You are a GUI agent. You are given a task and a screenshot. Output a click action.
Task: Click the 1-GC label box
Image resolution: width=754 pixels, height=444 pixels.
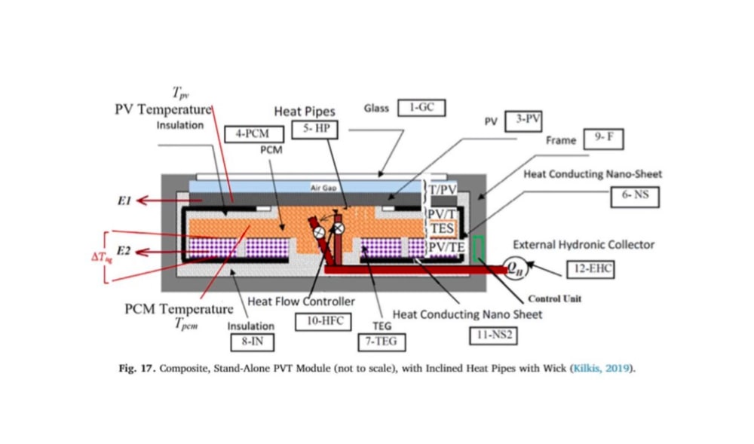[x=421, y=108]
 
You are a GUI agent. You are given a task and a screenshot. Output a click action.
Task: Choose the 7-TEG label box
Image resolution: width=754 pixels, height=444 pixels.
[x=381, y=341]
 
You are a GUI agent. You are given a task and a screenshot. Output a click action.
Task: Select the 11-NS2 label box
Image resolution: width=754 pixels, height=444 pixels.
[x=493, y=335]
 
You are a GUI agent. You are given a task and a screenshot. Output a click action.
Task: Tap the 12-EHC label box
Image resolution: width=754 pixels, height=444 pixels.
[x=590, y=268]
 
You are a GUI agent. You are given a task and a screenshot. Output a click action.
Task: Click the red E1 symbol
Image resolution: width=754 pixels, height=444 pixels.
[x=124, y=202]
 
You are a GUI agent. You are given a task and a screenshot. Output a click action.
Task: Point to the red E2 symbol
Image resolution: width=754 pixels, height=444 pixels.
[x=124, y=253]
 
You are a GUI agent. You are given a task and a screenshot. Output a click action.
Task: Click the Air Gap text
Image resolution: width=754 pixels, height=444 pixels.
[x=323, y=188]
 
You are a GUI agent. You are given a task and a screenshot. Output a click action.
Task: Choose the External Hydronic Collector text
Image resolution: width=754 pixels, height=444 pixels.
[x=583, y=245]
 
